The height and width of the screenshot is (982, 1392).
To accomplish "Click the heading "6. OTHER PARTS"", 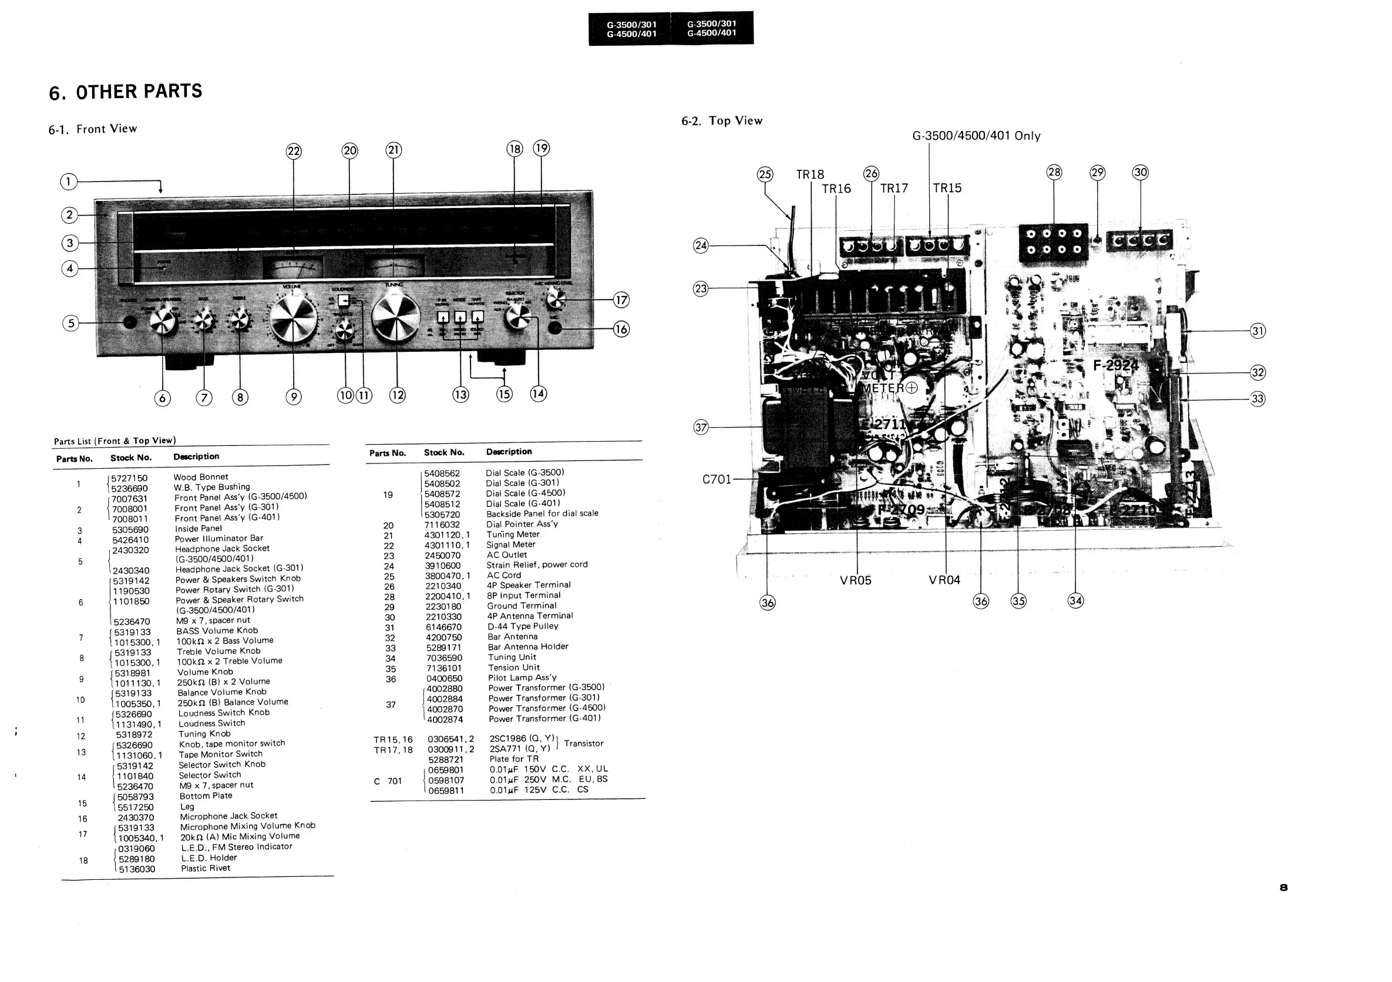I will [126, 92].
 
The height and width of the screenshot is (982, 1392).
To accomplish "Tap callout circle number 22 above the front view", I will [294, 151].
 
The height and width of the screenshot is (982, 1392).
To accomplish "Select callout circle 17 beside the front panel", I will [621, 300].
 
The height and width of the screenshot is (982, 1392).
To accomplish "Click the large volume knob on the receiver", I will [293, 318].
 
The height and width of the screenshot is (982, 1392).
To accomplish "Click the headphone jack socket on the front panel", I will [130, 322].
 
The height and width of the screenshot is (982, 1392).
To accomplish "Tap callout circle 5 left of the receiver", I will [71, 323].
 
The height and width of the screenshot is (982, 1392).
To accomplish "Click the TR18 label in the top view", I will [810, 175].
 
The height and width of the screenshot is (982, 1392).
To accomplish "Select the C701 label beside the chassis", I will [717, 479].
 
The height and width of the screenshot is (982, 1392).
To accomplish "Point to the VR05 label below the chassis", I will [855, 580].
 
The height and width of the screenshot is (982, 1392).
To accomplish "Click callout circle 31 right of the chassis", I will [1258, 331].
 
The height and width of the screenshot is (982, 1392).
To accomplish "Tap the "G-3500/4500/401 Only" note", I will [976, 136].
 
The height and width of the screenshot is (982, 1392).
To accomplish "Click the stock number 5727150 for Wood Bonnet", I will [129, 478].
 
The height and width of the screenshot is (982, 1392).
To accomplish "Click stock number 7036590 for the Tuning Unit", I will [444, 658].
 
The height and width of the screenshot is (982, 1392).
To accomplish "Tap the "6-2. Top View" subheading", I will [721, 120].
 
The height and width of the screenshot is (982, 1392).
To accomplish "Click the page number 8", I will [1283, 887].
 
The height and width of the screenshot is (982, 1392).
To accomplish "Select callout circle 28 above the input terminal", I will [1054, 172].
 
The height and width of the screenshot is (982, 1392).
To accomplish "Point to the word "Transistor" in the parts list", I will [583, 743].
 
